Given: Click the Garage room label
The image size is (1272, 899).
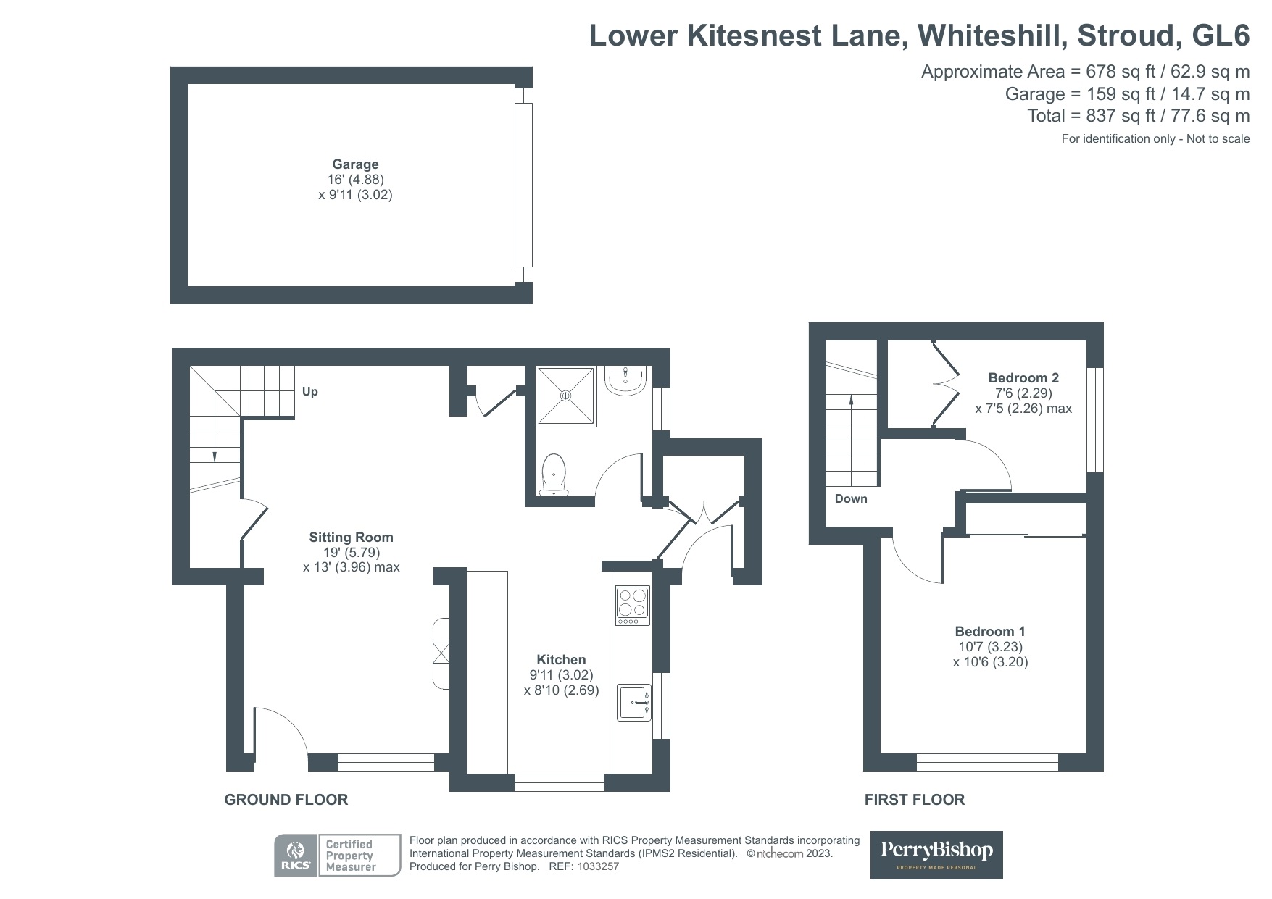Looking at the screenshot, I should coord(355,164).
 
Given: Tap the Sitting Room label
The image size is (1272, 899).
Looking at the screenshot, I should coord(351,538).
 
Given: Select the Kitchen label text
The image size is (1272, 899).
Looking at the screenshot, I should coord(561,660).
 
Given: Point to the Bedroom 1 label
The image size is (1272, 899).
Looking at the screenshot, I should coord(990,632).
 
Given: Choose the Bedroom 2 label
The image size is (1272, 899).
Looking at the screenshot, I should coord(1023,378).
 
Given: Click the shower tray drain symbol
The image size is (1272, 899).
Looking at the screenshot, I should coord(565,396).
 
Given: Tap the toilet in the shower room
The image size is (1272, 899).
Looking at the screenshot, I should coord(554,474).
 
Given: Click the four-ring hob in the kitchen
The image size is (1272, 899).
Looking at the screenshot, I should coord(632,606).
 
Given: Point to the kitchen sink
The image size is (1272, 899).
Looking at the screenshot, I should coord(634,702).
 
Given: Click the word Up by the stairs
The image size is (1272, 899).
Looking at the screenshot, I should coord(309,392).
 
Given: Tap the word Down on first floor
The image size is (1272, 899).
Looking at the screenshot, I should coord(851,499).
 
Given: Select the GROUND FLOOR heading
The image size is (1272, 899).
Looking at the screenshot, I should coord(286,800).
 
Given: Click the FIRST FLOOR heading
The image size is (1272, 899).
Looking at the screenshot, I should coord(914,800).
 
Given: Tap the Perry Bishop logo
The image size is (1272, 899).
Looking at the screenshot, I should coord(936,855).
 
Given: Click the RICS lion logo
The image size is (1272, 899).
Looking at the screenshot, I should coord(296,855).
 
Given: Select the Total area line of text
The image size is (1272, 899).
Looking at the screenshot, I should coord(1138,116).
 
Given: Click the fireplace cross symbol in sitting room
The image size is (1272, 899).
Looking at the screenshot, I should coord(441,653).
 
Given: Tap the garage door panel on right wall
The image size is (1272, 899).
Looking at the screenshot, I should coord(523,185).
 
